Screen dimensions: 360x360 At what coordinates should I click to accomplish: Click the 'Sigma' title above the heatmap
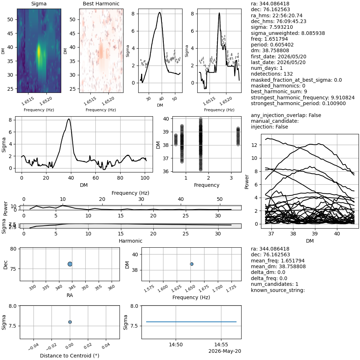pyautogui.click(x=39, y=4)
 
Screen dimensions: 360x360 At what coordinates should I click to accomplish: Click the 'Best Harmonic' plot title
pyautogui.click(x=101, y=4)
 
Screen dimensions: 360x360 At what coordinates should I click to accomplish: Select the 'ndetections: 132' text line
pyautogui.click(x=272, y=74)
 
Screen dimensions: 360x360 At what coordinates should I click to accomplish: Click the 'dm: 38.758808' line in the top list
pyautogui.click(x=270, y=50)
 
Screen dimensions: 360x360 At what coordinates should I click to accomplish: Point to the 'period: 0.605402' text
pyautogui.click(x=272, y=45)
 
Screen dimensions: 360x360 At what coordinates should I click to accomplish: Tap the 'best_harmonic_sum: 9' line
pyautogui.click(x=279, y=91)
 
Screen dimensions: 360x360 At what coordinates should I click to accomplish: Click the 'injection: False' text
pyautogui.click(x=269, y=127)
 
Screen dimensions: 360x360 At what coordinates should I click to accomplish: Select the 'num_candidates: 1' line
pyautogui.click(x=275, y=284)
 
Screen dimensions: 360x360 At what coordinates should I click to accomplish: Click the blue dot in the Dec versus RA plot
pyautogui.click(x=70, y=264)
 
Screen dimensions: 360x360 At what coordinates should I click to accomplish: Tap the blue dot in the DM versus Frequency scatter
pyautogui.click(x=192, y=264)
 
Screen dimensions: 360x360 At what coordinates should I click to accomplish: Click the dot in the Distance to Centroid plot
pyautogui.click(x=70, y=322)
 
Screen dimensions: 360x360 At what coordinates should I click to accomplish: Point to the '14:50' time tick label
pyautogui.click(x=176, y=345)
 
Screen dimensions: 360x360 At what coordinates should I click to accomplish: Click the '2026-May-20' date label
pyautogui.click(x=225, y=351)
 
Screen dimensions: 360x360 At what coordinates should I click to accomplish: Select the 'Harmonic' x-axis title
pyautogui.click(x=130, y=241)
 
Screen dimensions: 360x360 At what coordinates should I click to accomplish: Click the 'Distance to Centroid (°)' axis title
pyautogui.click(x=69, y=356)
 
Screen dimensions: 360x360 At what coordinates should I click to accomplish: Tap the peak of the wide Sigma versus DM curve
pyautogui.click(x=69, y=119)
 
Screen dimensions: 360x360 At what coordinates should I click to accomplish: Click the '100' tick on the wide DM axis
pyautogui.click(x=145, y=178)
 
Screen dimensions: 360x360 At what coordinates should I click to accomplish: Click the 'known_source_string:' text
pyautogui.click(x=278, y=290)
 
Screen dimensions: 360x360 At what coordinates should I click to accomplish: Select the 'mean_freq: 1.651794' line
pyautogui.click(x=278, y=261)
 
